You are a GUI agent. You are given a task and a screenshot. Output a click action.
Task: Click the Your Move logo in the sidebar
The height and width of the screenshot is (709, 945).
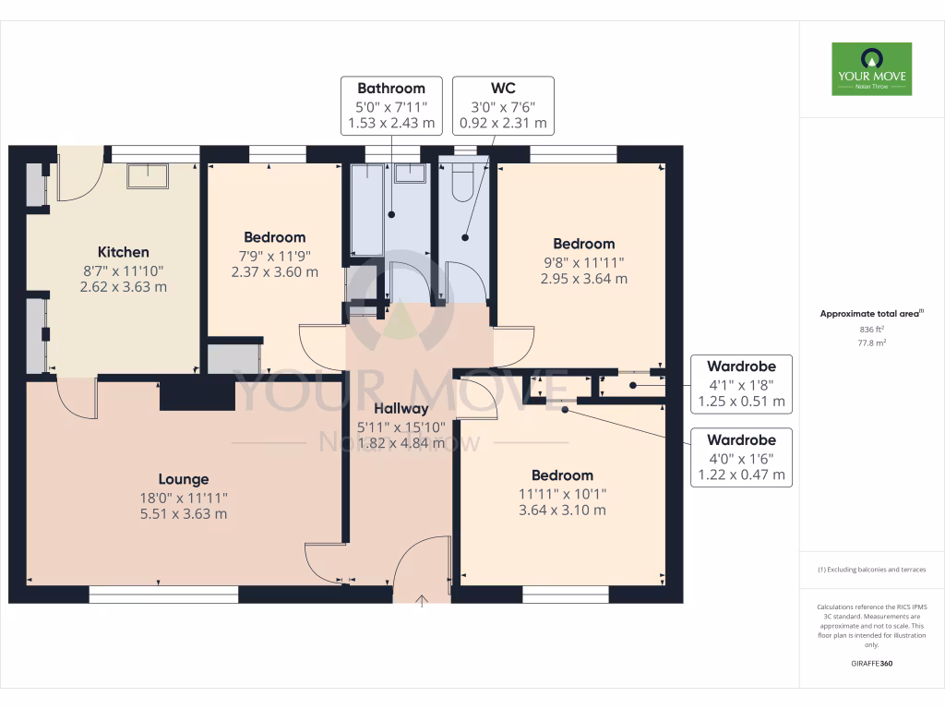click(x=871, y=68)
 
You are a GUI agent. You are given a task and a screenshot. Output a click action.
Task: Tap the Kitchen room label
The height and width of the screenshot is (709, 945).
click(x=124, y=252)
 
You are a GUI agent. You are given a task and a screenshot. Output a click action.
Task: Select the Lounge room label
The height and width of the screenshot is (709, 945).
click(x=183, y=479)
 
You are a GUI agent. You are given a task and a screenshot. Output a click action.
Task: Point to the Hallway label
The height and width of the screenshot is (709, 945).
click(x=401, y=409)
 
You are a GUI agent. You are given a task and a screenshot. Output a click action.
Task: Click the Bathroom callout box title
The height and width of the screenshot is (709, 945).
click(x=391, y=89)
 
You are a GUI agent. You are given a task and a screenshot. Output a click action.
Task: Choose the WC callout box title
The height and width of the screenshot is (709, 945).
click(x=503, y=89)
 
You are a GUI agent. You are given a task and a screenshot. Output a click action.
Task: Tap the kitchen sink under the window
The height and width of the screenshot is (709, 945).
click(x=148, y=175)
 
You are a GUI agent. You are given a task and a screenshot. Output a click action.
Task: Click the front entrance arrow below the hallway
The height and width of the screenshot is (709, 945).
click(x=423, y=602)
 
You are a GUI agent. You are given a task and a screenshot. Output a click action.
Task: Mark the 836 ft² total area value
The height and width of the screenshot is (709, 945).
click(x=871, y=330)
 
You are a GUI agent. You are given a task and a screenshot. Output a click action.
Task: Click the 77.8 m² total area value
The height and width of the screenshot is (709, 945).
click(x=871, y=342)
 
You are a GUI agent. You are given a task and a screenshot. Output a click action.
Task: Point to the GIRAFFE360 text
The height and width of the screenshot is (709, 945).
click(x=871, y=664)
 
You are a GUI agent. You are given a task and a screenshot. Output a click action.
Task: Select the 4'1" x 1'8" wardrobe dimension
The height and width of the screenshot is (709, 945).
click(x=741, y=385)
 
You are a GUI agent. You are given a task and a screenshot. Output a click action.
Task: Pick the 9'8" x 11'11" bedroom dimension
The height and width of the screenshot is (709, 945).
click(x=583, y=261)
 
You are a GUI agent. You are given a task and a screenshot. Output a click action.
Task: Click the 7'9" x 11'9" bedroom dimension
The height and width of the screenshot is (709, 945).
click(x=274, y=255)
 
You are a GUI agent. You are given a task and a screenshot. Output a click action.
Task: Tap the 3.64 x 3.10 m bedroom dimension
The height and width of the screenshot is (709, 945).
click(x=562, y=510)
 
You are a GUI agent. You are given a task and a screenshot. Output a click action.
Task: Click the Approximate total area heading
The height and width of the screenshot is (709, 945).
click(x=871, y=314)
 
